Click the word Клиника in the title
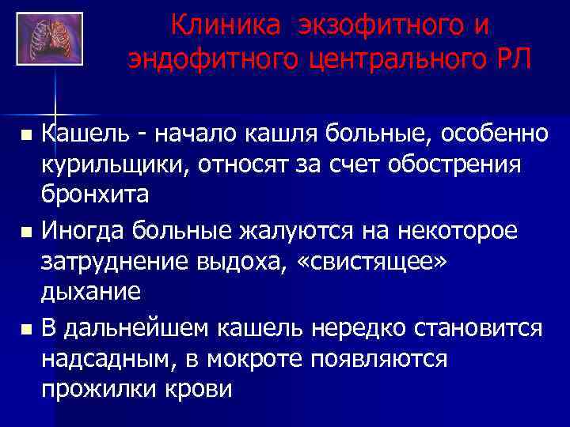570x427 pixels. [x=224, y=26]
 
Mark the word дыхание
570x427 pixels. [x=91, y=292]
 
